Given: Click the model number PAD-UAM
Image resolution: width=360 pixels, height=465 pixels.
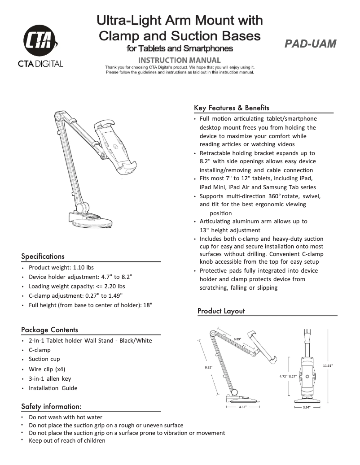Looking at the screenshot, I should point(310,43).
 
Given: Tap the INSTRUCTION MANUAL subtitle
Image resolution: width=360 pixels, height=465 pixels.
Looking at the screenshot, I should point(180,60).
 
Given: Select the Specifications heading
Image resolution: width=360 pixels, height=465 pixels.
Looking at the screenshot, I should point(43,256).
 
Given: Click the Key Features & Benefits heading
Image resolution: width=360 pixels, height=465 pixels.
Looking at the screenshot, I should point(232,108).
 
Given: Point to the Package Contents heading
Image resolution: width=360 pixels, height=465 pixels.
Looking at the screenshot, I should point(49,330).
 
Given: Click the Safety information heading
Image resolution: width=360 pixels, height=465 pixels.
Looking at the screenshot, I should point(51,407).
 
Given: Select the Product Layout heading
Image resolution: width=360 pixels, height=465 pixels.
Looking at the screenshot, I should point(221,311).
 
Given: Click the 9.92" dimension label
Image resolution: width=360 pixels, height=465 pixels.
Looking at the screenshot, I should point(208,367).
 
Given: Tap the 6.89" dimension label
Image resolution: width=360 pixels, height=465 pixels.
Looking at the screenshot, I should point(237,339).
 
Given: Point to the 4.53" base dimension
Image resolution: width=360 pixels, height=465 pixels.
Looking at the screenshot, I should point(243,407).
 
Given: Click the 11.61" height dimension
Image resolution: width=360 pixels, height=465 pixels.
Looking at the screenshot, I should point(328,365).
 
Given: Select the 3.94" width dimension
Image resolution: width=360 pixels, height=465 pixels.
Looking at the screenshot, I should point(307,408).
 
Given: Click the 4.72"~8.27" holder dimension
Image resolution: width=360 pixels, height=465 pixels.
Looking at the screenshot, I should point(288,377).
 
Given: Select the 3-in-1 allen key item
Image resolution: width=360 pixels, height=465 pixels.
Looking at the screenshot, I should point(50,379).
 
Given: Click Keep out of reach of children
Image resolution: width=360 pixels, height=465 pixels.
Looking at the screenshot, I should point(67,441).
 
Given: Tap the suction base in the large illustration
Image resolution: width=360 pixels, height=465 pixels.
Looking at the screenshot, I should point(92,221).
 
